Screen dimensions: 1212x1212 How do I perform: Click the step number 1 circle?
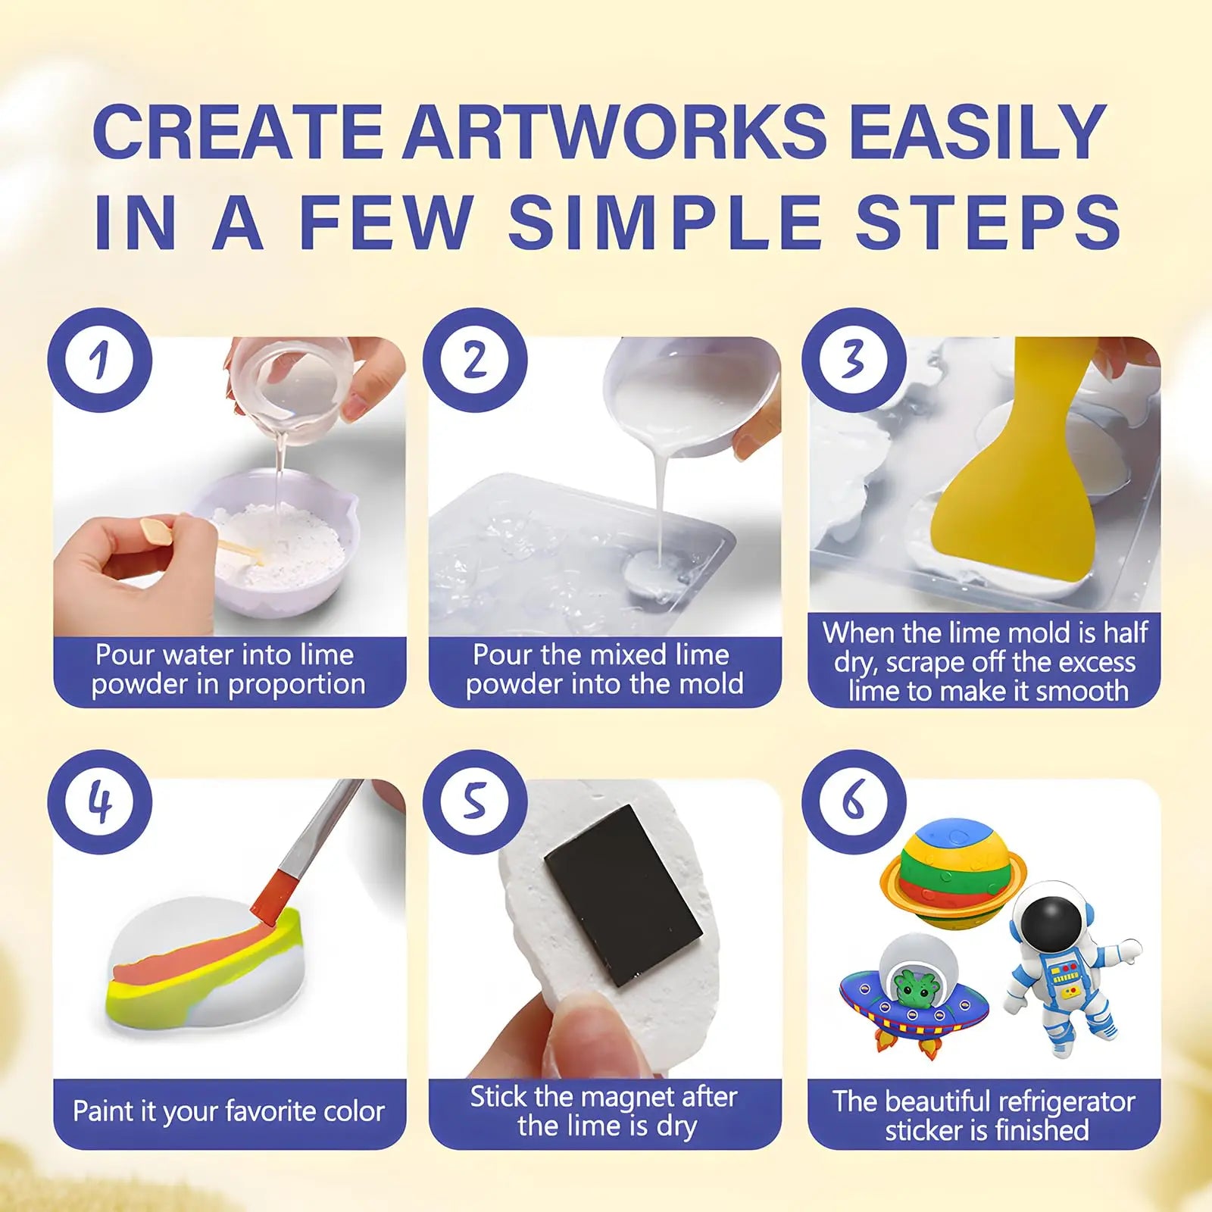coord(100,360)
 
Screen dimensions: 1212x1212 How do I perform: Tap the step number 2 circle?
coord(475,360)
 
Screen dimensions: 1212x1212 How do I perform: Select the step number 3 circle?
coord(854,360)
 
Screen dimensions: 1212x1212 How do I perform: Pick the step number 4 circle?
coord(100,802)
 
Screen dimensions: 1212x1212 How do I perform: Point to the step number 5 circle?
coord(475,802)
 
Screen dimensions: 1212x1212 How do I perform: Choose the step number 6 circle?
coord(854,802)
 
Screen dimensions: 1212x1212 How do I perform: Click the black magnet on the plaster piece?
coord(623,895)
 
